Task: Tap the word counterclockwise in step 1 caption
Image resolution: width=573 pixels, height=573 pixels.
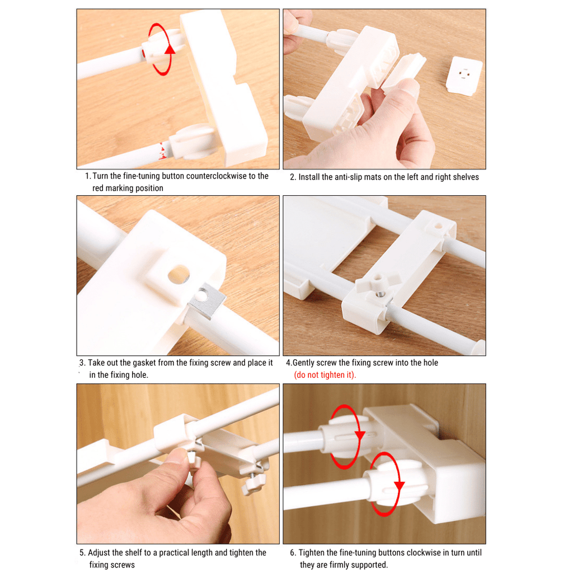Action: (214, 176)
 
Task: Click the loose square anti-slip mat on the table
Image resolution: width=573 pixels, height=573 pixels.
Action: (464, 76)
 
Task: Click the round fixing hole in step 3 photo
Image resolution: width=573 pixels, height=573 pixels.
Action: (179, 274)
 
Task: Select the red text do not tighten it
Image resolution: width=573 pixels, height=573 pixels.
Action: (325, 375)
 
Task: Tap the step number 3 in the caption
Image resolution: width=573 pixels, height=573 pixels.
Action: (82, 363)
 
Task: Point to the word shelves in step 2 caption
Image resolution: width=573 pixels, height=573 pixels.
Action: (464, 177)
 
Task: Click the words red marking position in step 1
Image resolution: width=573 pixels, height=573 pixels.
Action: (128, 189)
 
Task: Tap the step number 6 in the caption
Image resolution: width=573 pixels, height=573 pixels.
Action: (293, 553)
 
